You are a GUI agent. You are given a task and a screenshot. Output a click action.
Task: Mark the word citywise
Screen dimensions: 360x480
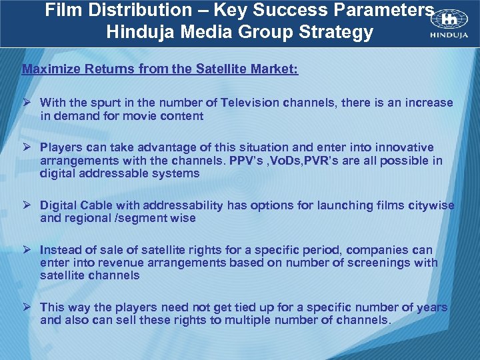429,205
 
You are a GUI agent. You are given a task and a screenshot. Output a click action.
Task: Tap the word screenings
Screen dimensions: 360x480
381,263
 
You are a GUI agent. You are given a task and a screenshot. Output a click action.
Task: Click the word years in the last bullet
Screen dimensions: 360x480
431,307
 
